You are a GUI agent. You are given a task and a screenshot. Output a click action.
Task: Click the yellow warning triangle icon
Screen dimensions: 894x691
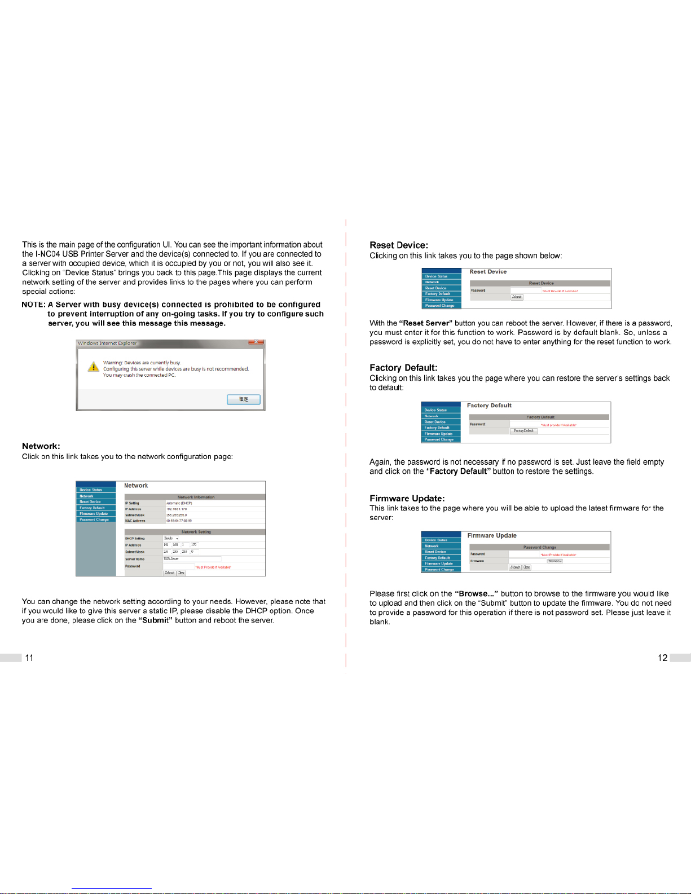click(x=94, y=367)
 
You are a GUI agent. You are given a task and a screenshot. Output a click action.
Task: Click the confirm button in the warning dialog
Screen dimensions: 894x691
click(x=244, y=399)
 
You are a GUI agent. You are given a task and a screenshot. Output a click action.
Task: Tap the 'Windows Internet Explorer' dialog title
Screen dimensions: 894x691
click(x=107, y=343)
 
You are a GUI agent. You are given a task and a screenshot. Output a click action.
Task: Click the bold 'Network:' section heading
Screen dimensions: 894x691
click(x=41, y=446)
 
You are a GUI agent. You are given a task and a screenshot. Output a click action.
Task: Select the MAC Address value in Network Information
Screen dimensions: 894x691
click(x=179, y=521)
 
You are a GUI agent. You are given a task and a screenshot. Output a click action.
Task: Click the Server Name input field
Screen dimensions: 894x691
click(x=192, y=559)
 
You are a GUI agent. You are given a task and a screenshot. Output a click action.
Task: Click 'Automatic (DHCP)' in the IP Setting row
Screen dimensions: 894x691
click(x=179, y=503)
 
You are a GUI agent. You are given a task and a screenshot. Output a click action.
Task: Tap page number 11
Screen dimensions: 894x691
click(x=29, y=658)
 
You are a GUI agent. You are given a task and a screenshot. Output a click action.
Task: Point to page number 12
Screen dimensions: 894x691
click(x=663, y=658)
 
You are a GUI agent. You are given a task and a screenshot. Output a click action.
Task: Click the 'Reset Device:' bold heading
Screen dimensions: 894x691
click(x=399, y=245)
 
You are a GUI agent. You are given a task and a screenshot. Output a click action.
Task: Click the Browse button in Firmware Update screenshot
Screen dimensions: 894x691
click(x=554, y=561)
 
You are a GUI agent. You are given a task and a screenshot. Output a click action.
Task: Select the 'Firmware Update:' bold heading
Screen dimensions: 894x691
click(x=407, y=499)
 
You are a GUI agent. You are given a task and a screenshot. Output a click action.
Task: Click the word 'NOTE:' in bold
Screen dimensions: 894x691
click(x=33, y=305)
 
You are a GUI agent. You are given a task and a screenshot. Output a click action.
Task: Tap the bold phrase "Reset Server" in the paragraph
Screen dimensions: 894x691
click(x=426, y=323)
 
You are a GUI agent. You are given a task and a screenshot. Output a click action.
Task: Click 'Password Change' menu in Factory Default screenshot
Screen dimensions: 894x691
click(x=439, y=439)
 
